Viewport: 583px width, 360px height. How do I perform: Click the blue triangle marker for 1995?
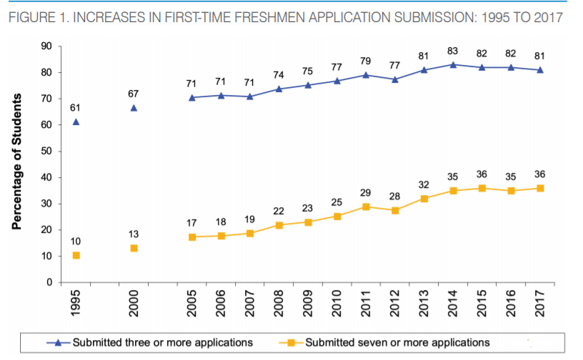(76, 122)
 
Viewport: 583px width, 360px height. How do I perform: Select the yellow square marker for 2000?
(134, 249)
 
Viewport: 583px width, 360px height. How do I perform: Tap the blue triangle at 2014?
(452, 65)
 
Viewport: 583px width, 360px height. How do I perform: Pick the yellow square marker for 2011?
(365, 206)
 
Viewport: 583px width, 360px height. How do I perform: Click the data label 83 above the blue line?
(452, 50)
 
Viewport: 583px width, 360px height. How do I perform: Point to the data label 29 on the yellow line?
(365, 192)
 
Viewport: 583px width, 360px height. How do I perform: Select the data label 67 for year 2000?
(134, 94)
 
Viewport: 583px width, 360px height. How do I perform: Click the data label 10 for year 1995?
(76, 241)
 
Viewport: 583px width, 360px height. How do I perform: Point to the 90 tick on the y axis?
(46, 46)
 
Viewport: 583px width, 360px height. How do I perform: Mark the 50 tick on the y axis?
(46, 151)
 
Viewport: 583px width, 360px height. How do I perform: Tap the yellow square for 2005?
(191, 236)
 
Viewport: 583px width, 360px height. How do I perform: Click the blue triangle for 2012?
(394, 79)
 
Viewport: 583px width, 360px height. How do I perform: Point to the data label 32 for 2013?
(423, 184)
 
